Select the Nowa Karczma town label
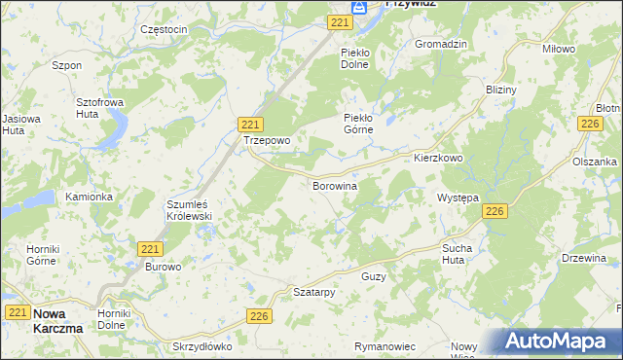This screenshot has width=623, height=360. pos(57,320)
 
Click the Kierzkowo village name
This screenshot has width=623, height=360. pos(437,158)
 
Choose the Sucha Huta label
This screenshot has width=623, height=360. pos(458,254)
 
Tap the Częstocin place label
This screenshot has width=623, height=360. pos(164,29)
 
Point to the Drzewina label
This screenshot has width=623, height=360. pos(584,258)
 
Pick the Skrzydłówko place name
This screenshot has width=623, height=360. pos(202,346)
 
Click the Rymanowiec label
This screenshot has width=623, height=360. pos(385,346)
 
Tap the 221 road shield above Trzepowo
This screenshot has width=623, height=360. pos(250,124)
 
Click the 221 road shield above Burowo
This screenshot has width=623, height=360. pos(149,249)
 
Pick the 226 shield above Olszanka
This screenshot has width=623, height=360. pos(589,123)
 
